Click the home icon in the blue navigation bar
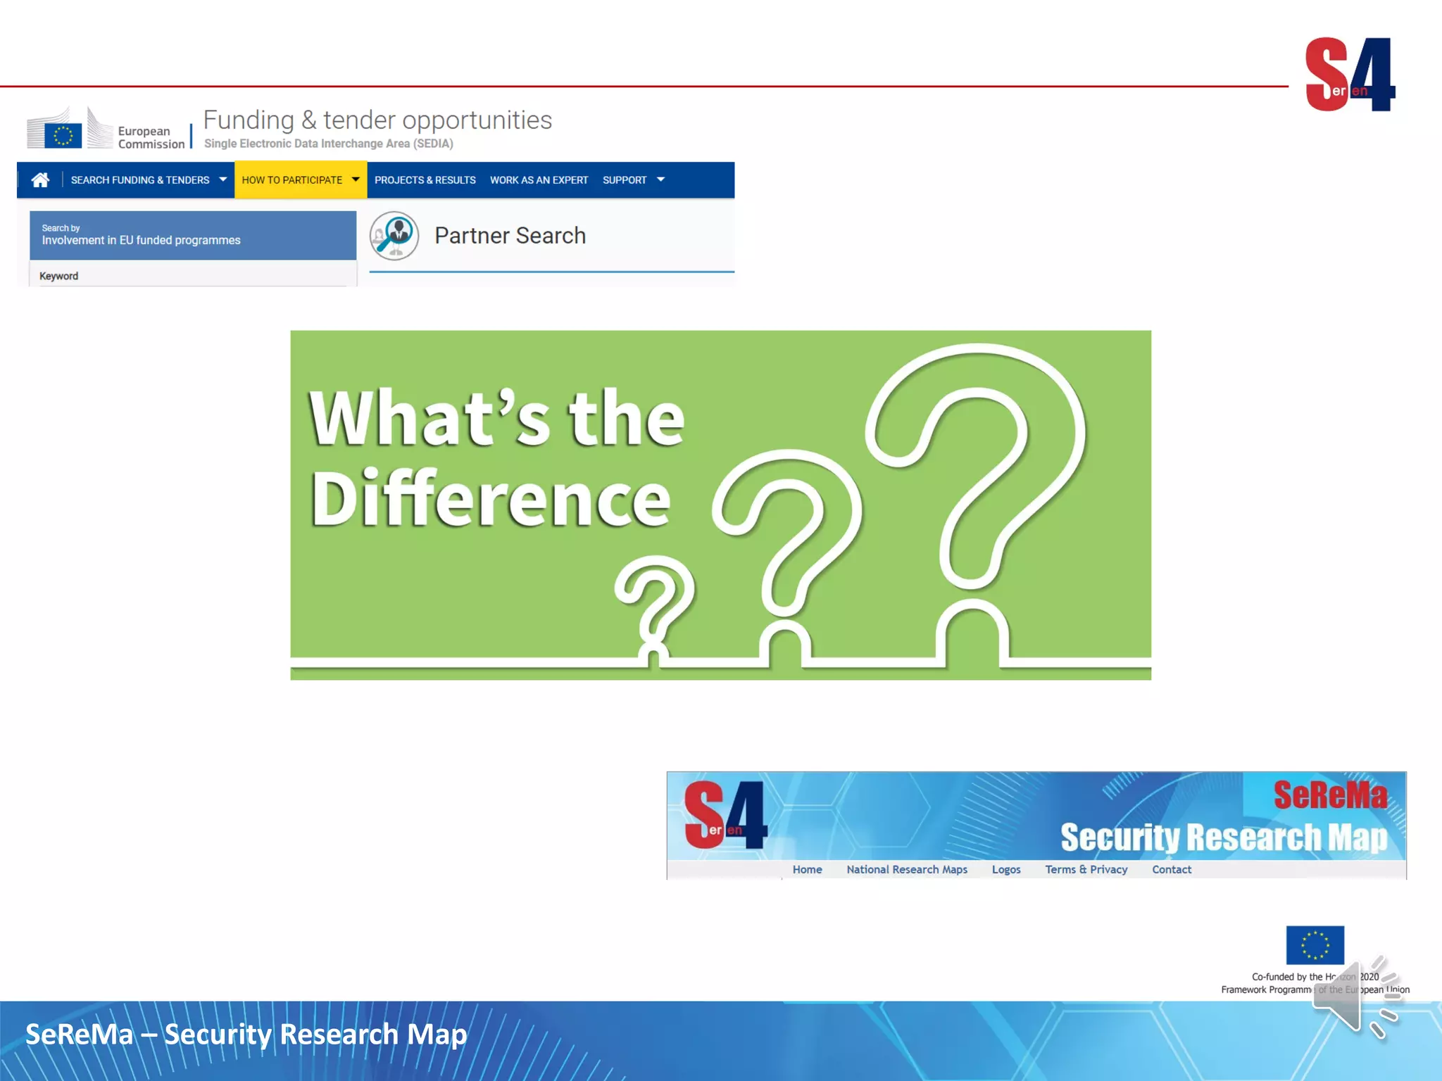[x=40, y=180]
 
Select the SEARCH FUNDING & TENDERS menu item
[x=140, y=180]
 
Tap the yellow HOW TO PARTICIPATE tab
[x=292, y=180]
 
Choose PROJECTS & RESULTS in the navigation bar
[x=425, y=180]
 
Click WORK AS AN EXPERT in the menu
[x=539, y=180]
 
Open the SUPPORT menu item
[x=625, y=180]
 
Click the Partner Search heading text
[x=510, y=236]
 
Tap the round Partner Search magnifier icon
[x=394, y=236]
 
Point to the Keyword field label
[x=58, y=276]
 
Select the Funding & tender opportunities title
[x=377, y=120]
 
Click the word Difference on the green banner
[x=491, y=498]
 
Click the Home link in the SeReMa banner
[x=807, y=870]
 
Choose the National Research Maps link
[x=907, y=870]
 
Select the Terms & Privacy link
[x=1086, y=870]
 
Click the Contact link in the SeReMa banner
[x=1172, y=870]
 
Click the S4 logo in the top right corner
[x=1350, y=75]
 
